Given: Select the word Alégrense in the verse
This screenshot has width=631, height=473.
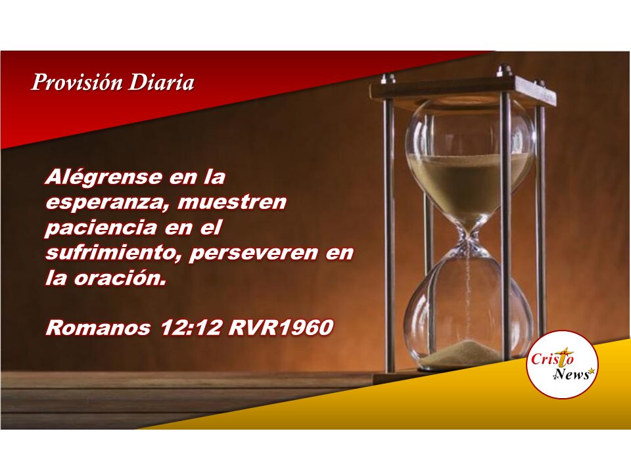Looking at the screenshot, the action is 104,177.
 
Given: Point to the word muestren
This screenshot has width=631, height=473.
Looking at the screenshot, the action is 232,202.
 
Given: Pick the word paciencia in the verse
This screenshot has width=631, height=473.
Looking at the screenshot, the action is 101,228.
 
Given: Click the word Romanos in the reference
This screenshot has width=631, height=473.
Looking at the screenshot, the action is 98,327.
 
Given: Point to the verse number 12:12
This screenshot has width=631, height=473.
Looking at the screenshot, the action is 191,327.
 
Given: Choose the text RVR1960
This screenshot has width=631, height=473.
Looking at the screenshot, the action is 281,327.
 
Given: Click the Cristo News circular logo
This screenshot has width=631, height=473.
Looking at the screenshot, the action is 562,365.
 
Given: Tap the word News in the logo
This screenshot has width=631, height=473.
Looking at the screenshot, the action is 573,374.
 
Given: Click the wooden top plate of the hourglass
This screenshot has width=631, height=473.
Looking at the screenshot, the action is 463,91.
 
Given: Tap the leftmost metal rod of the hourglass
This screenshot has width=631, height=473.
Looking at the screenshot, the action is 388,233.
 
